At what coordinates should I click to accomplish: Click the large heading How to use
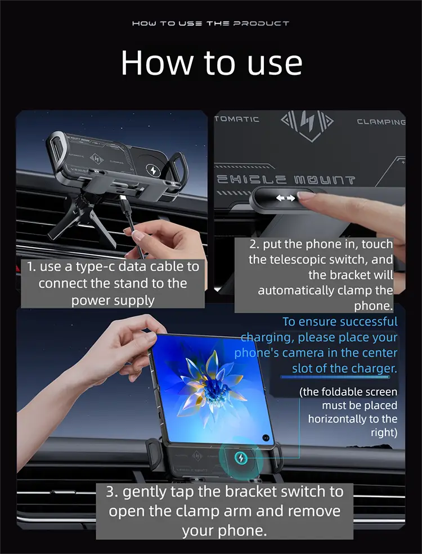pos(212,63)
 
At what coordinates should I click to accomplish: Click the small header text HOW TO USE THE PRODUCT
pos(211,23)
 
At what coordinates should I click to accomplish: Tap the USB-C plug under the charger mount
pos(124,202)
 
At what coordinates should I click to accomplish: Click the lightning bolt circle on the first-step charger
pos(153,170)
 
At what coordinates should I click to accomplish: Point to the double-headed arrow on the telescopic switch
pos(285,198)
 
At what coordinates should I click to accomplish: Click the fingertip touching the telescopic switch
pos(306,195)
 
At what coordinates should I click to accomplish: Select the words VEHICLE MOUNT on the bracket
pos(285,180)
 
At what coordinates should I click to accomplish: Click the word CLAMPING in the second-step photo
pos(381,122)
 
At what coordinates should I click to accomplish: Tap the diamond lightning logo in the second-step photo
pos(307,126)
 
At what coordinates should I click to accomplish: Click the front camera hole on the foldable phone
pos(266,438)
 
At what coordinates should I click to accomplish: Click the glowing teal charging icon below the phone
pos(240,458)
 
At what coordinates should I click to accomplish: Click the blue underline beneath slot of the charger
pos(335,377)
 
